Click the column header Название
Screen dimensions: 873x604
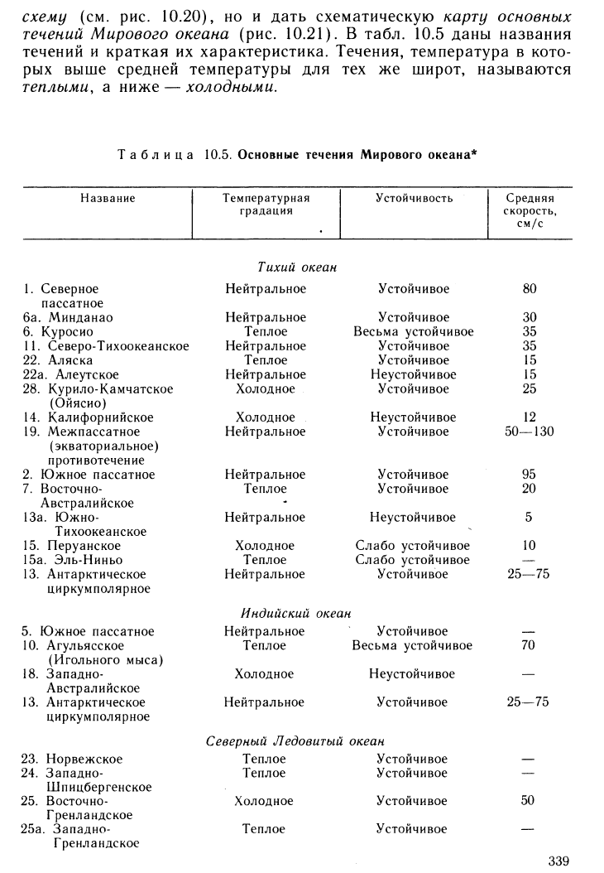tap(108, 199)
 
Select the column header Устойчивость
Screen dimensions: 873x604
tap(414, 199)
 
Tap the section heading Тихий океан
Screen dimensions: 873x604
tap(296, 267)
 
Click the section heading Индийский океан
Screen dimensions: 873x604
tap(295, 614)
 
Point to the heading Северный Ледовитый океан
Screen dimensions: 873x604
tap(295, 741)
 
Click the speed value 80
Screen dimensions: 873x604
tap(530, 289)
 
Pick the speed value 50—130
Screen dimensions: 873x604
tap(530, 432)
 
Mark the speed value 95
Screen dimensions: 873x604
tap(530, 475)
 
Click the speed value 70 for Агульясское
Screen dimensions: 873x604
tap(530, 645)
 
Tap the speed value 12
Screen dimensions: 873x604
tap(530, 417)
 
